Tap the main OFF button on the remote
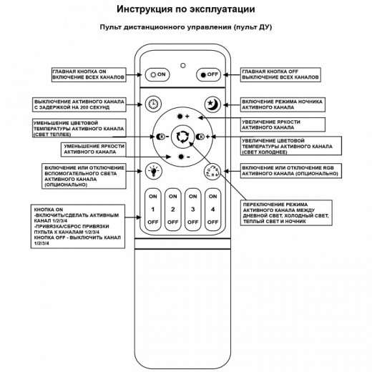click(211, 74)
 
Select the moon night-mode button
click(212, 104)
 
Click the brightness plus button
click(184, 117)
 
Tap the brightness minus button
click(184, 155)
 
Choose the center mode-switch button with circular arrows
click(184, 136)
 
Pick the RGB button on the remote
click(212, 170)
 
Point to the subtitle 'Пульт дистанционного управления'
click(185, 28)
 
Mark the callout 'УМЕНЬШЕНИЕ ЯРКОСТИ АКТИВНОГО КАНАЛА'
click(94, 149)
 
